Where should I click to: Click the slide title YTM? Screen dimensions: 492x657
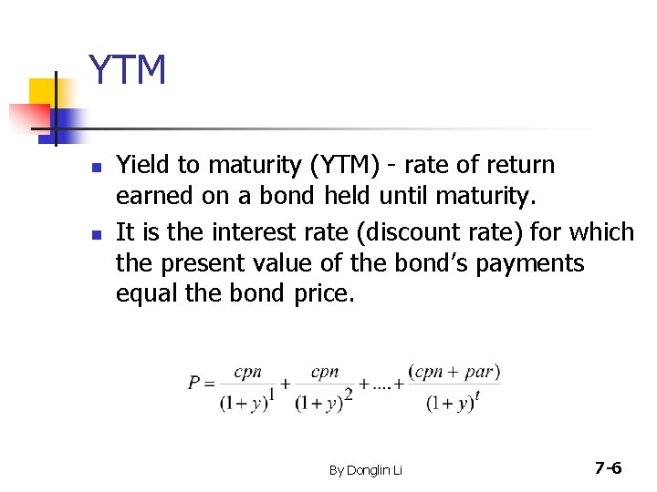[x=127, y=71]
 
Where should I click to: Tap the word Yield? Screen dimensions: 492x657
[x=142, y=165]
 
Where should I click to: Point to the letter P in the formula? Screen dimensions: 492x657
[x=195, y=384]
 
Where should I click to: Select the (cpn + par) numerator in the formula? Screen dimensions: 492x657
[x=454, y=372]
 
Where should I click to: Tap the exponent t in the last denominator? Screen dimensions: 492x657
[x=477, y=394]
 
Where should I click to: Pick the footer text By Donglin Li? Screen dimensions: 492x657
[x=365, y=470]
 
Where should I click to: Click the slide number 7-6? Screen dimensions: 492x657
[x=607, y=468]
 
